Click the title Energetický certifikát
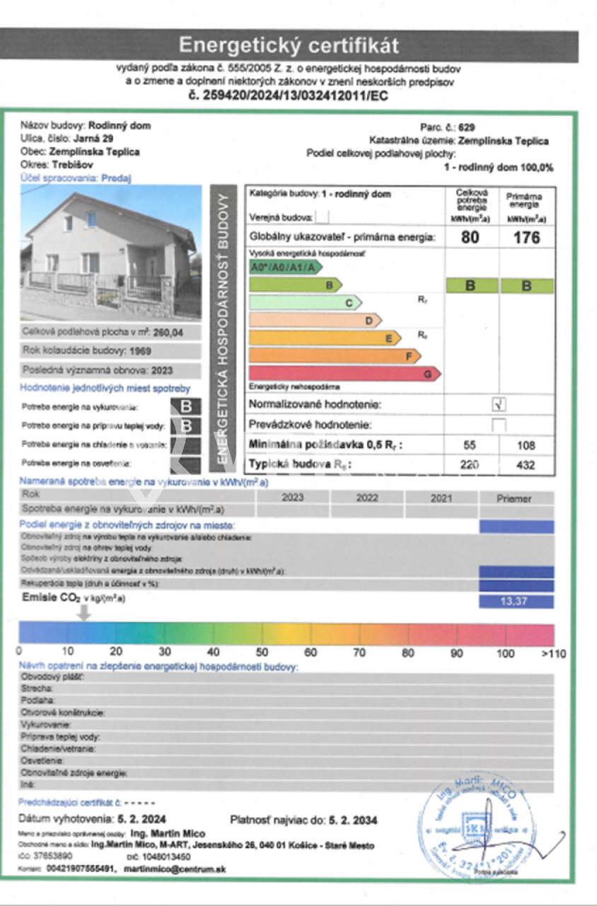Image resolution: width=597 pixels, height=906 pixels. click(x=289, y=45)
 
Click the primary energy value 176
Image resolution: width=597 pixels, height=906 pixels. click(x=527, y=237)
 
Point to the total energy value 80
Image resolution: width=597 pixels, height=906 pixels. click(x=470, y=237)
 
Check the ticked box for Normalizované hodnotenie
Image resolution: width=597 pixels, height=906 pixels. click(x=499, y=405)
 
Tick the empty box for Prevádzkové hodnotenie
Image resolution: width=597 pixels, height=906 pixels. click(x=499, y=425)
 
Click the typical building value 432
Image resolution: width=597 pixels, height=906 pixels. click(x=526, y=465)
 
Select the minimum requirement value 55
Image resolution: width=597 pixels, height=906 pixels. click(x=470, y=445)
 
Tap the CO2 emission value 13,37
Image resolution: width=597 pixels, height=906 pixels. click(x=516, y=602)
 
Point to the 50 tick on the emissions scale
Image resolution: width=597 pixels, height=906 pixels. click(x=262, y=652)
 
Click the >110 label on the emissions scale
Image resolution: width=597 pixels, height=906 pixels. click(x=554, y=653)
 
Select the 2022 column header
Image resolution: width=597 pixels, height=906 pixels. click(x=367, y=498)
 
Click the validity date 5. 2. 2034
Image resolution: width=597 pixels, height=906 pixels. click(x=353, y=820)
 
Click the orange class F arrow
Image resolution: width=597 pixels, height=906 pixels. click(x=335, y=356)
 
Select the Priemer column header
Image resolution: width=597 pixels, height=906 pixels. click(x=514, y=498)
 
